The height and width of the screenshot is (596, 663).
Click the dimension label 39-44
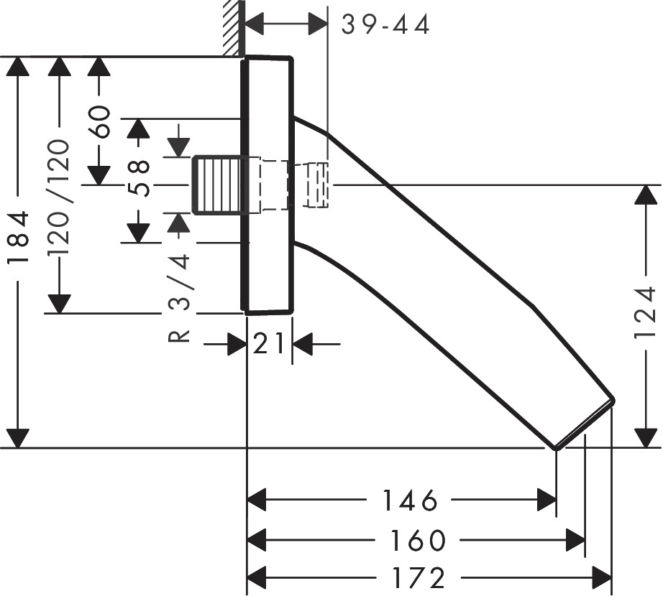(385, 25)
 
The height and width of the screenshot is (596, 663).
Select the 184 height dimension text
(18, 238)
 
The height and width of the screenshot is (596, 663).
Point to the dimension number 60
(100, 121)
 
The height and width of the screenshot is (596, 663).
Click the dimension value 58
(139, 177)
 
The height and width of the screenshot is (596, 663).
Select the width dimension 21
(269, 345)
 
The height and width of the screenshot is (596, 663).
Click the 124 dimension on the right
(648, 313)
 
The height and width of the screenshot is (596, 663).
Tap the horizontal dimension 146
(409, 500)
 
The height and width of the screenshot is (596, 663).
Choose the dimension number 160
(419, 540)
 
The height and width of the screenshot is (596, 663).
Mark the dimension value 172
(419, 577)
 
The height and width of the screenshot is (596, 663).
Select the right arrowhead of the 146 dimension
(546, 500)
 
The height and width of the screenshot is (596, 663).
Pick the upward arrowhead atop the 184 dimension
(18, 69)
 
